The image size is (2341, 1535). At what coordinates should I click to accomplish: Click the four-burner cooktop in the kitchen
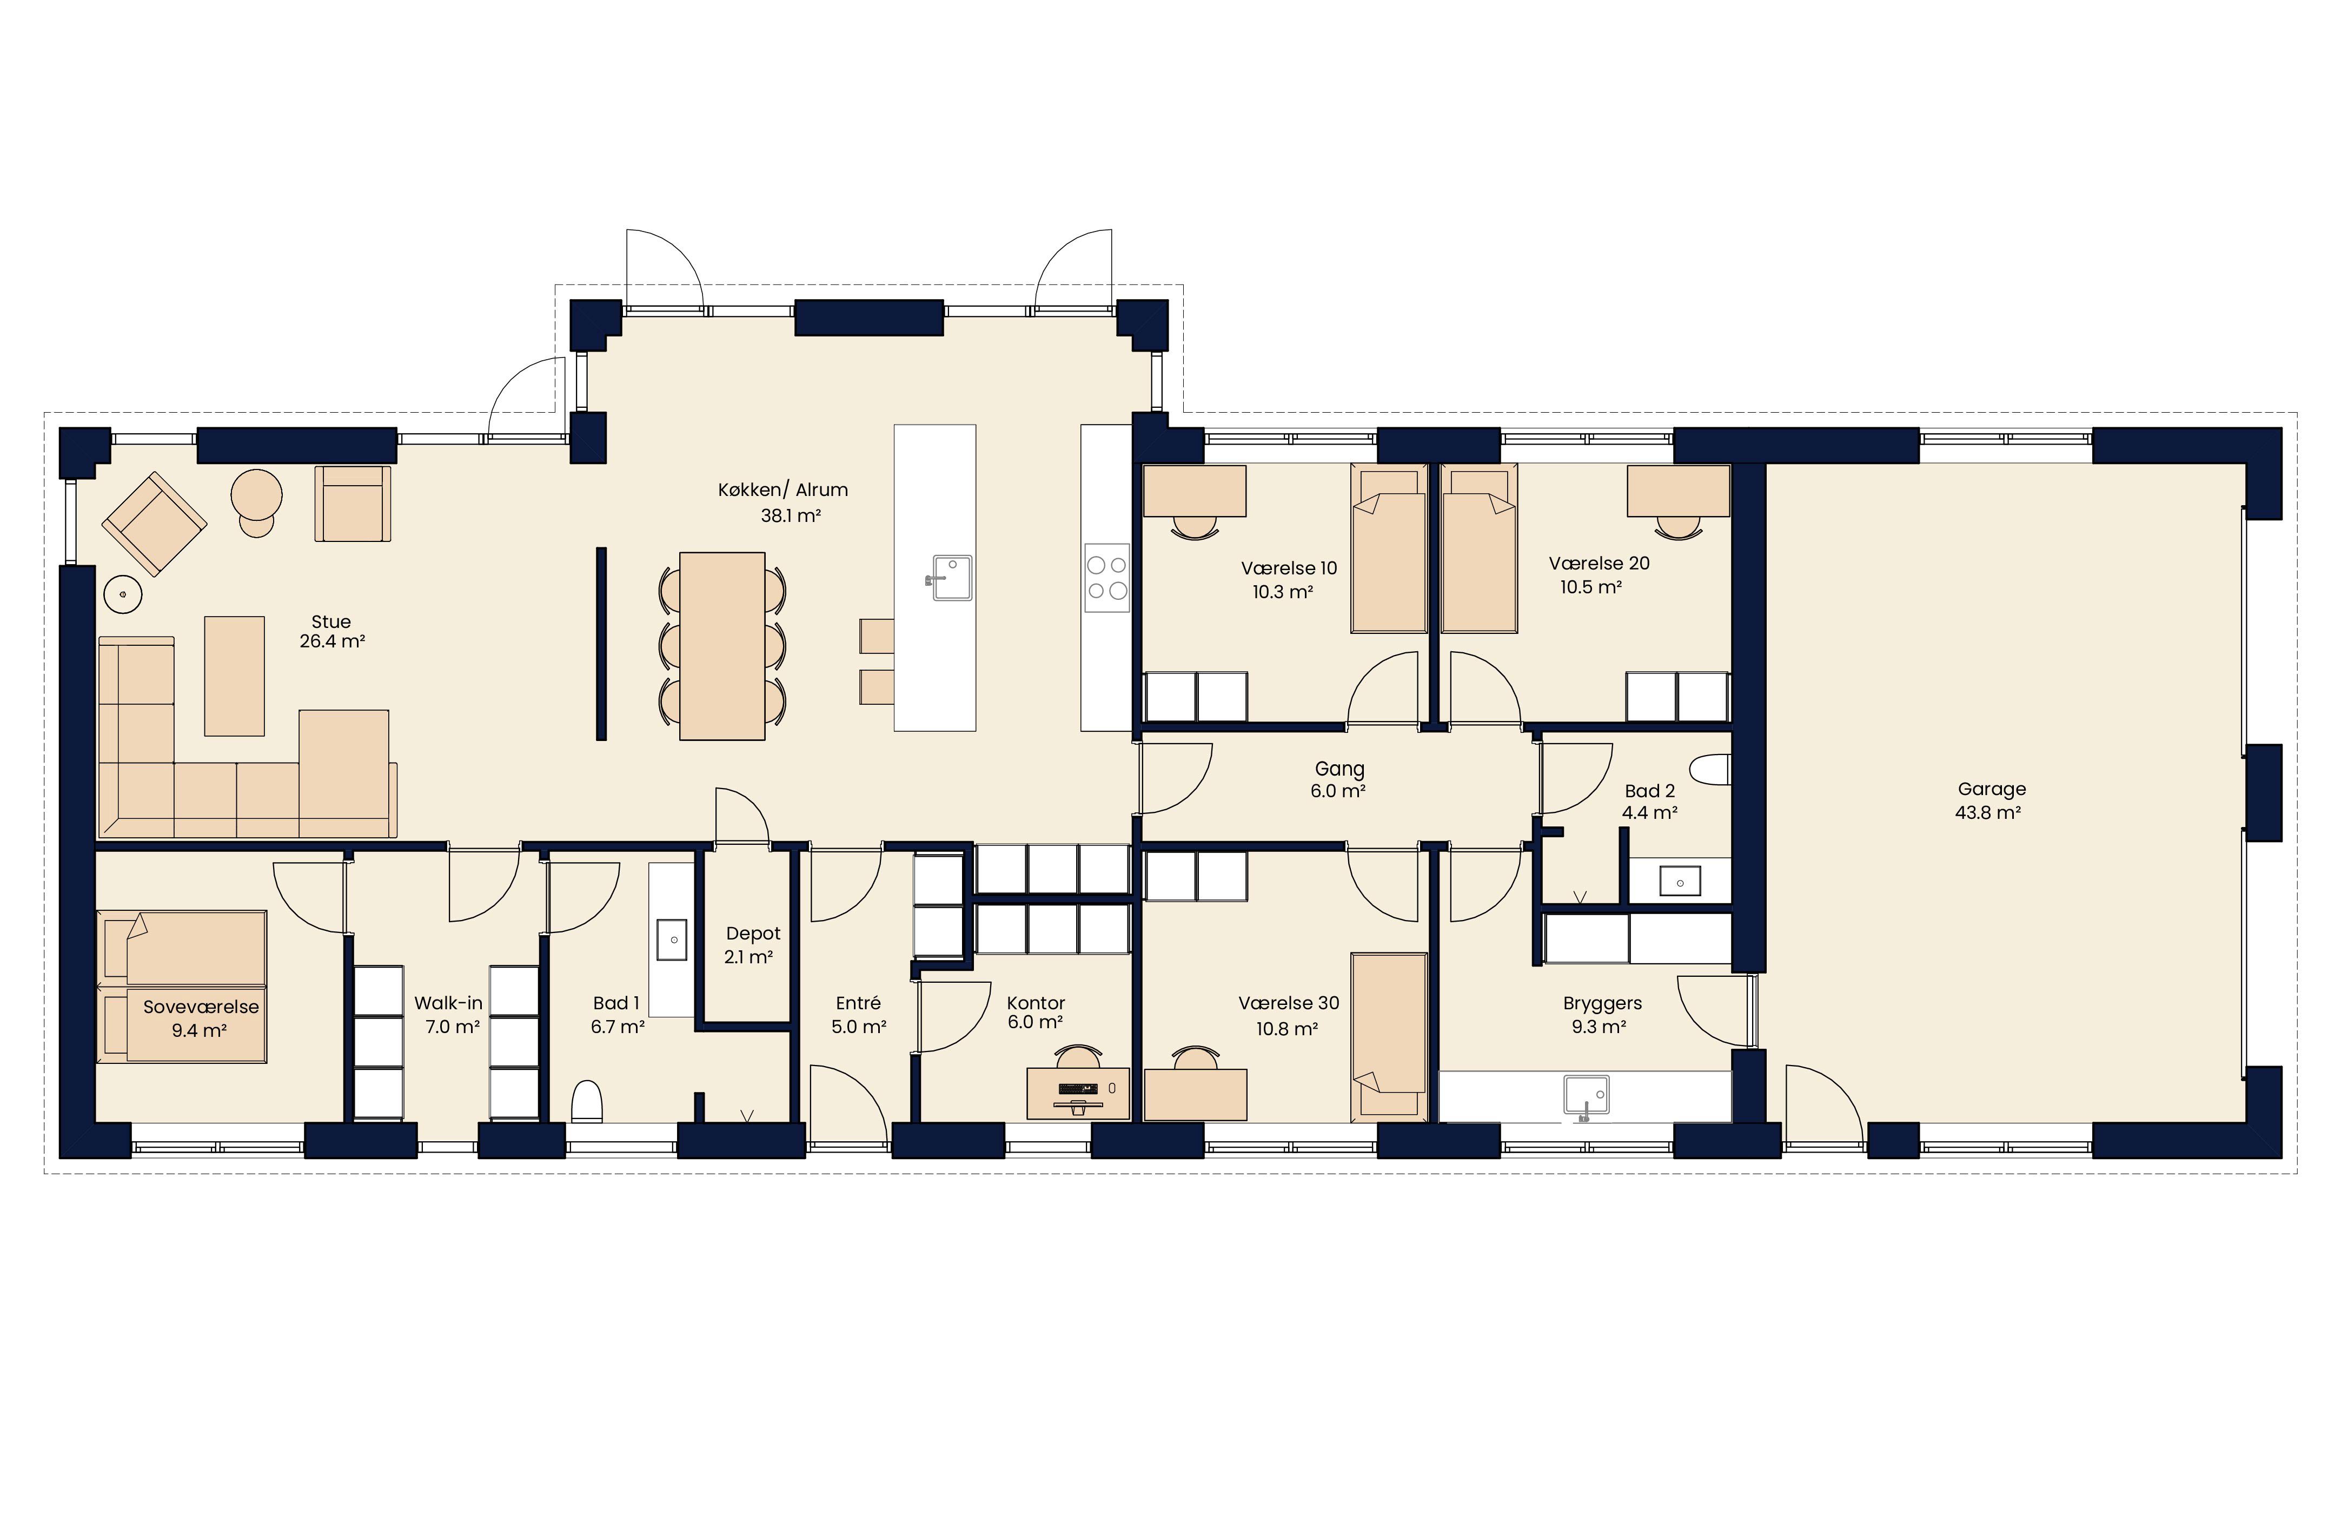(x=1106, y=578)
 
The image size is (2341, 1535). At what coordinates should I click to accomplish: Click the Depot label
(x=752, y=933)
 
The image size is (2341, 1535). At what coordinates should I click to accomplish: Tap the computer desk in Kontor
(x=1078, y=1092)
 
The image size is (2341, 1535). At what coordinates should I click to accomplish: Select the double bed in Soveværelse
(x=182, y=986)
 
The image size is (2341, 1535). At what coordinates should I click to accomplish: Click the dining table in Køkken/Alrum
(x=722, y=645)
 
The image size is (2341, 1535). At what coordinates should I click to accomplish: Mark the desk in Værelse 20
(x=1678, y=490)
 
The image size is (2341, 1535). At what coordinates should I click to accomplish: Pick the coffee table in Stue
(x=234, y=676)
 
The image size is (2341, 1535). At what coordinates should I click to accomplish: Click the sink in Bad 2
(x=1680, y=881)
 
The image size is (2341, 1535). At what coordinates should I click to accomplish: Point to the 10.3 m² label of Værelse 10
(x=1283, y=592)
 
